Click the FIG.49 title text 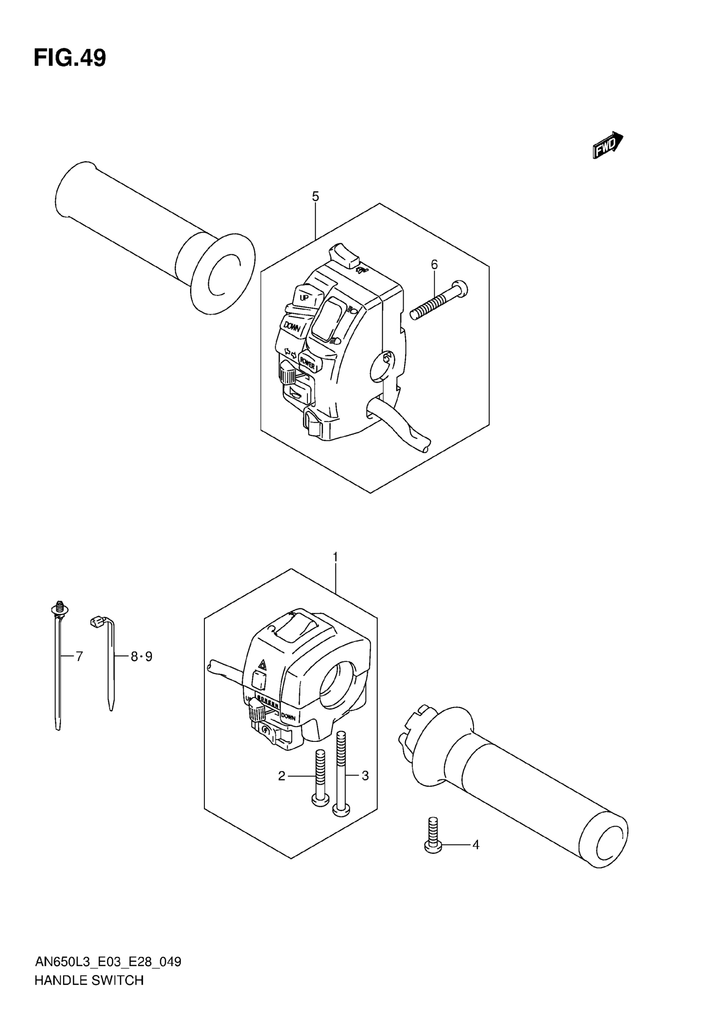pos(70,58)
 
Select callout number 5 pos(315,196)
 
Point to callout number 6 pos(434,264)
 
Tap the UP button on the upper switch pos(305,297)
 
